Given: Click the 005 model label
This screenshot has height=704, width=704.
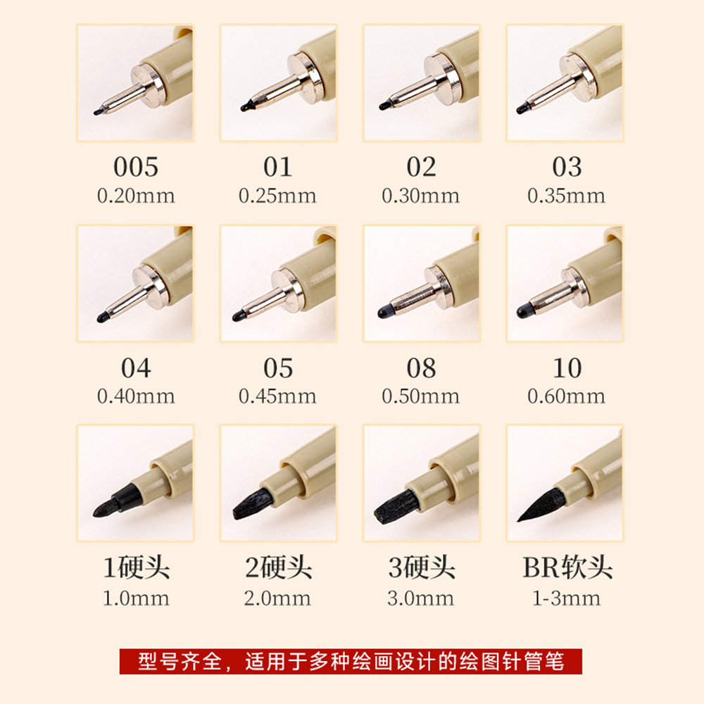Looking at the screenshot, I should click(135, 167).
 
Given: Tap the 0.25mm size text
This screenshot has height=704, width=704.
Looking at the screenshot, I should click(277, 195).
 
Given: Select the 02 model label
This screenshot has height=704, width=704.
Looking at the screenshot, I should click(421, 167).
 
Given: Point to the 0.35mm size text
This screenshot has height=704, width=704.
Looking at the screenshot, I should click(566, 195).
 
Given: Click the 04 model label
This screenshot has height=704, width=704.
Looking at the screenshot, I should click(135, 367).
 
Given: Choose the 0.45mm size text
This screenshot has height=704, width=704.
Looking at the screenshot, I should click(277, 396).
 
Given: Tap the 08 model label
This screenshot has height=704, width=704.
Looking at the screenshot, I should click(421, 367).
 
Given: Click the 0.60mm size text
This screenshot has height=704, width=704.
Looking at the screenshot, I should click(566, 396).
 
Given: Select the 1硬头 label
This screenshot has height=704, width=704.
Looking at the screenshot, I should click(136, 568).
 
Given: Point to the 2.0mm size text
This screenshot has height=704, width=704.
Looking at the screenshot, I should click(277, 598).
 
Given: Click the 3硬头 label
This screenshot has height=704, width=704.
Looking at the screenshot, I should click(421, 568).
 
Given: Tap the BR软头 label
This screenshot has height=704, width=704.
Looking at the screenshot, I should click(567, 568).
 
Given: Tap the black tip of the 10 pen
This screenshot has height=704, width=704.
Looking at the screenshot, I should click(524, 310).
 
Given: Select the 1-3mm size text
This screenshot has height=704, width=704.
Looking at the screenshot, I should click(566, 598).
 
